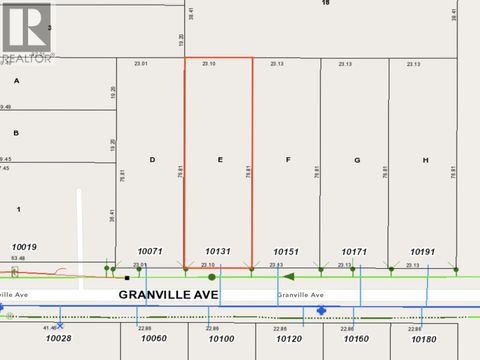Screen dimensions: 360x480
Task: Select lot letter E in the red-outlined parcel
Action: pos(218,159)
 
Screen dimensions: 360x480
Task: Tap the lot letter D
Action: pos(152,159)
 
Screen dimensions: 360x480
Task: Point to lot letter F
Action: pos(287,159)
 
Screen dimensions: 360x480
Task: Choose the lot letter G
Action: pos(356,159)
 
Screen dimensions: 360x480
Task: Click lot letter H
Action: pos(425,159)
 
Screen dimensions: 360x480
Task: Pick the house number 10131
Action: pos(218,252)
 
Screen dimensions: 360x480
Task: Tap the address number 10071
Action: pos(151,252)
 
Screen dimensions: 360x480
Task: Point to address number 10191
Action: pos(424,252)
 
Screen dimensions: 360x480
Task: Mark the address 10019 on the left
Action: pos(24,246)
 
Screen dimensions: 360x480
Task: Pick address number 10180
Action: pos(424,339)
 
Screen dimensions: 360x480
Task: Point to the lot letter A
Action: pos(16,80)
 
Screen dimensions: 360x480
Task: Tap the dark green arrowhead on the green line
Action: pos(288,276)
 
